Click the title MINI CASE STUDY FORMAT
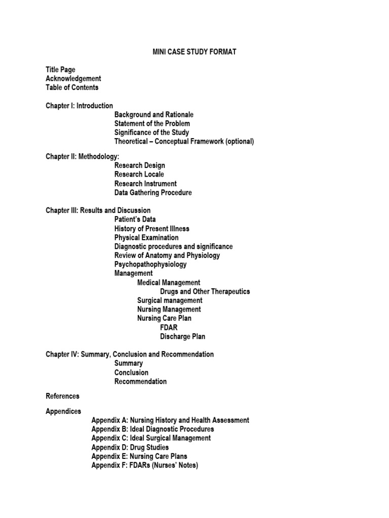point(194,52)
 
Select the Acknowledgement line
point(73,78)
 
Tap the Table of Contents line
point(72,88)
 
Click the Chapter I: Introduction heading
point(80,106)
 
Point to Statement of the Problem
point(152,123)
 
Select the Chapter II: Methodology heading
point(83,156)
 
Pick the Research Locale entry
point(139,175)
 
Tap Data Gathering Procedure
point(153,193)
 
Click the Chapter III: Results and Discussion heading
point(98,210)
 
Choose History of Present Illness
point(152,229)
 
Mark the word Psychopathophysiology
point(150,264)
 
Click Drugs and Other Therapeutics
point(205,291)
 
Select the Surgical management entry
point(170,300)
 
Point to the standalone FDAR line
point(169,327)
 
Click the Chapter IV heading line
point(130,355)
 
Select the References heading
point(62,396)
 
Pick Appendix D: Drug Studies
point(130,447)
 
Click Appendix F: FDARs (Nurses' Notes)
point(144,465)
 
